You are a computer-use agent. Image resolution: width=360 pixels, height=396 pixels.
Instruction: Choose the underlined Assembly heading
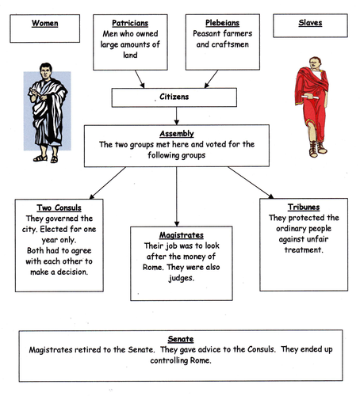(x=175, y=134)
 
